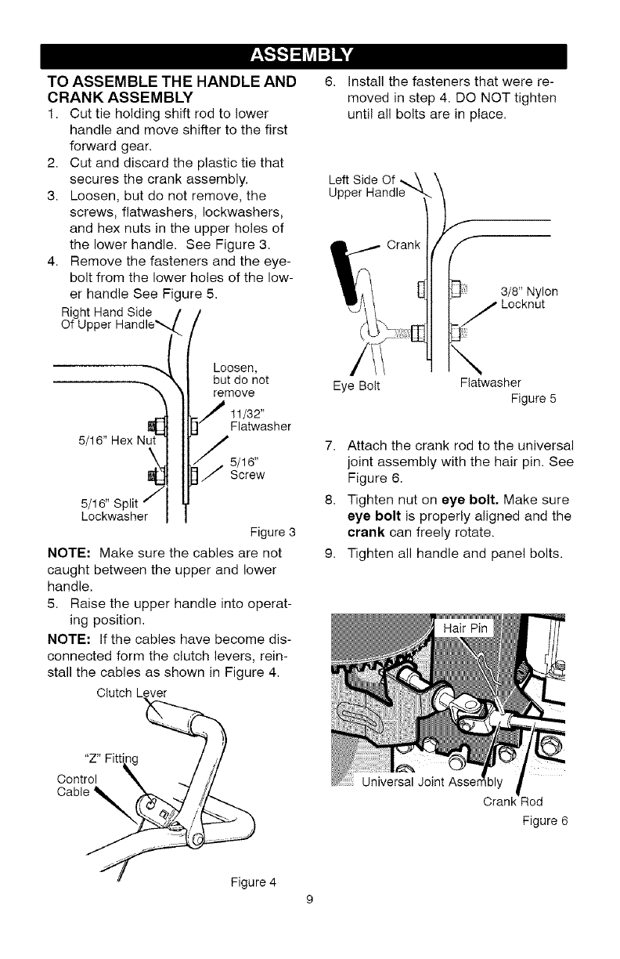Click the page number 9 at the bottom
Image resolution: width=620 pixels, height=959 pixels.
[310, 899]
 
